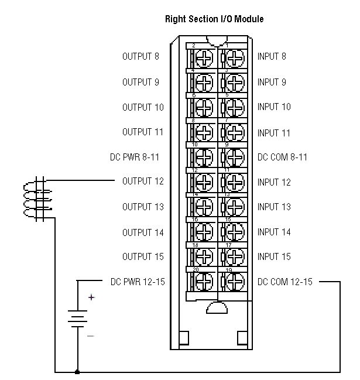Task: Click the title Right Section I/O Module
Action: (215, 19)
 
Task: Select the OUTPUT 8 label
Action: (140, 57)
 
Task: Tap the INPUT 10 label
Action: (274, 107)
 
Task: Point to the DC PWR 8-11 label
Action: (135, 157)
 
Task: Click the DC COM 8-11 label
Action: (282, 157)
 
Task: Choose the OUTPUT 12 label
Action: (143, 182)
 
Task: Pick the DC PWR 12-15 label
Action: (138, 282)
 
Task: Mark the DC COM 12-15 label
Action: (285, 282)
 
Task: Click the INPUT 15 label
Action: (274, 256)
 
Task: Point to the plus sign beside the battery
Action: (91, 297)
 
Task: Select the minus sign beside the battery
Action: (91, 336)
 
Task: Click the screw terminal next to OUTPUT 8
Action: (203, 57)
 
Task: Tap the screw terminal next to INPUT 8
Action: (234, 57)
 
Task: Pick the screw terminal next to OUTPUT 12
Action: (203, 183)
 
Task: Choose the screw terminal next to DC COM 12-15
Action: (234, 282)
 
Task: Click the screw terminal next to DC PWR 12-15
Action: (203, 282)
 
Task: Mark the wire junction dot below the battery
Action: (78, 372)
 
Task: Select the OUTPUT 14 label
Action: (143, 232)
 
